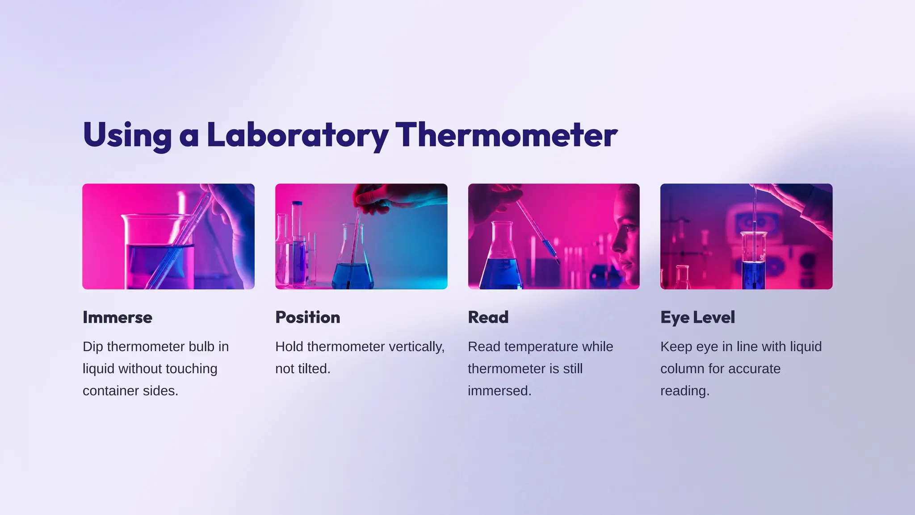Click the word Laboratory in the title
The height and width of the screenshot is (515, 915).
click(297, 135)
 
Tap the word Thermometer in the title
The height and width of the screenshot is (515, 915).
click(506, 135)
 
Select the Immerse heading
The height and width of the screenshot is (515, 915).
click(118, 317)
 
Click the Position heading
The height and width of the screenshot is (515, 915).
click(307, 317)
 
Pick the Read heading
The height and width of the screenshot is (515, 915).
click(488, 317)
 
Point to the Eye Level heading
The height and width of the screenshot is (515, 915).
click(697, 317)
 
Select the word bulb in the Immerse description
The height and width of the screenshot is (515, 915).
click(201, 347)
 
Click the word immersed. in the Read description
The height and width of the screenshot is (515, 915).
click(499, 391)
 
